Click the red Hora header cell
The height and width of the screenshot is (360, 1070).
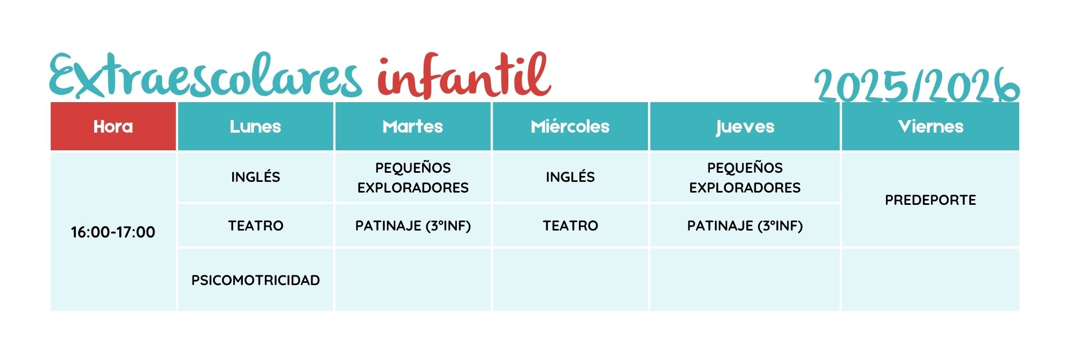[x=113, y=126]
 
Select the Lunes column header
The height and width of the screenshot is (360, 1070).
[x=255, y=126]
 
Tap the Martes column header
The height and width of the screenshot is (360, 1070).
[x=412, y=126]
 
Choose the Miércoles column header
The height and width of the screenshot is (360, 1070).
[x=570, y=126]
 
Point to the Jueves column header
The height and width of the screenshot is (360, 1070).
[x=745, y=126]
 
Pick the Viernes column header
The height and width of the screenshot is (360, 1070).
[x=930, y=126]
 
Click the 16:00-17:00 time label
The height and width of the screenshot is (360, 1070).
[x=113, y=232]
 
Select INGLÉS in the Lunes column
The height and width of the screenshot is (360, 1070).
[x=255, y=177]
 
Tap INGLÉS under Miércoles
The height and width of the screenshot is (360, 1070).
[x=570, y=177]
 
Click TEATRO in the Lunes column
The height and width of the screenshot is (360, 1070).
[x=255, y=225]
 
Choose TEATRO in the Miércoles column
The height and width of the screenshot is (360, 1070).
[x=570, y=225]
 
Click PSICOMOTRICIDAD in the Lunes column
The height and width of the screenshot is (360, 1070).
[x=255, y=280]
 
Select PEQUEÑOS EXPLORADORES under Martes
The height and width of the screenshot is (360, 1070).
[x=412, y=178]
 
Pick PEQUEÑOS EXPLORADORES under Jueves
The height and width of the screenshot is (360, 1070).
[x=745, y=178]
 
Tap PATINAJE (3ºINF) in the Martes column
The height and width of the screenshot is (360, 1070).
[x=412, y=226]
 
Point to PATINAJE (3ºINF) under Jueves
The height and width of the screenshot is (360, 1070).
[x=745, y=226]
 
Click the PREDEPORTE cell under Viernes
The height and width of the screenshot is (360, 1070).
[x=930, y=200]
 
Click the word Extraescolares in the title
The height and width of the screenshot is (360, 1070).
[x=206, y=75]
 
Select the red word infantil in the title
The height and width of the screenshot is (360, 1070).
[x=464, y=75]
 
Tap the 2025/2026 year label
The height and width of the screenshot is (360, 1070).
[x=916, y=85]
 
